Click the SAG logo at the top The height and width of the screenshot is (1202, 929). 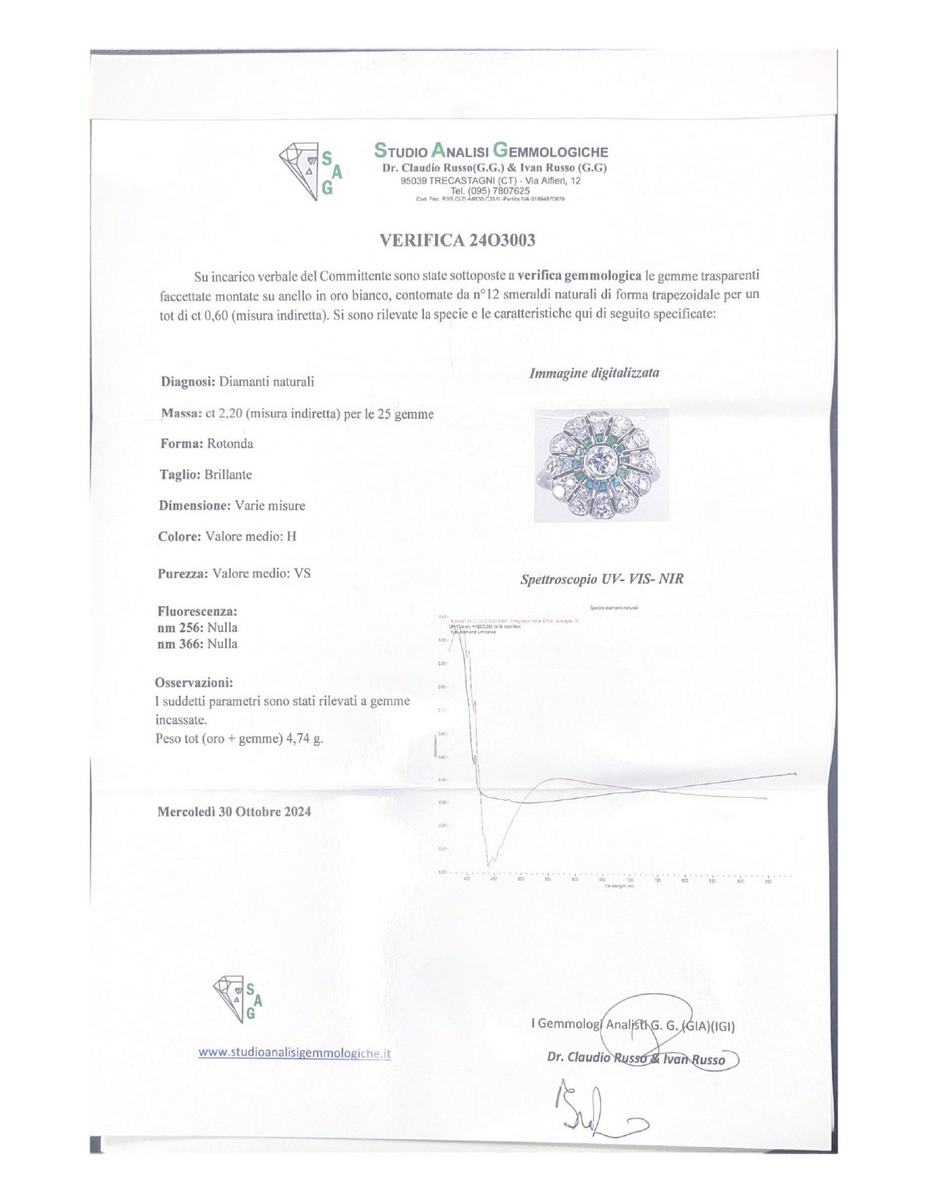310,171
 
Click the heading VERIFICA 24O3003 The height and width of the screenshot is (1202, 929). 458,241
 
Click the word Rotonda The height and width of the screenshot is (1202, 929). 230,444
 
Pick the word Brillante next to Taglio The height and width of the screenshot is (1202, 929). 228,475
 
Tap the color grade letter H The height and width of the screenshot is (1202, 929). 291,537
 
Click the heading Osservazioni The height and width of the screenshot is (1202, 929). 194,682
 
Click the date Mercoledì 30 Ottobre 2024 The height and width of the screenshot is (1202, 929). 234,812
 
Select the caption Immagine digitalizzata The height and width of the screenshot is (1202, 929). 593,373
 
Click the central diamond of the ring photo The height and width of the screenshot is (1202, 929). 601,465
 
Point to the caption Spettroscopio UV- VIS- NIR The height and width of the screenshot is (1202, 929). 602,579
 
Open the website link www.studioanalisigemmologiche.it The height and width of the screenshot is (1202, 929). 294,1053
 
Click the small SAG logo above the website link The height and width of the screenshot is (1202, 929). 237,999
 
